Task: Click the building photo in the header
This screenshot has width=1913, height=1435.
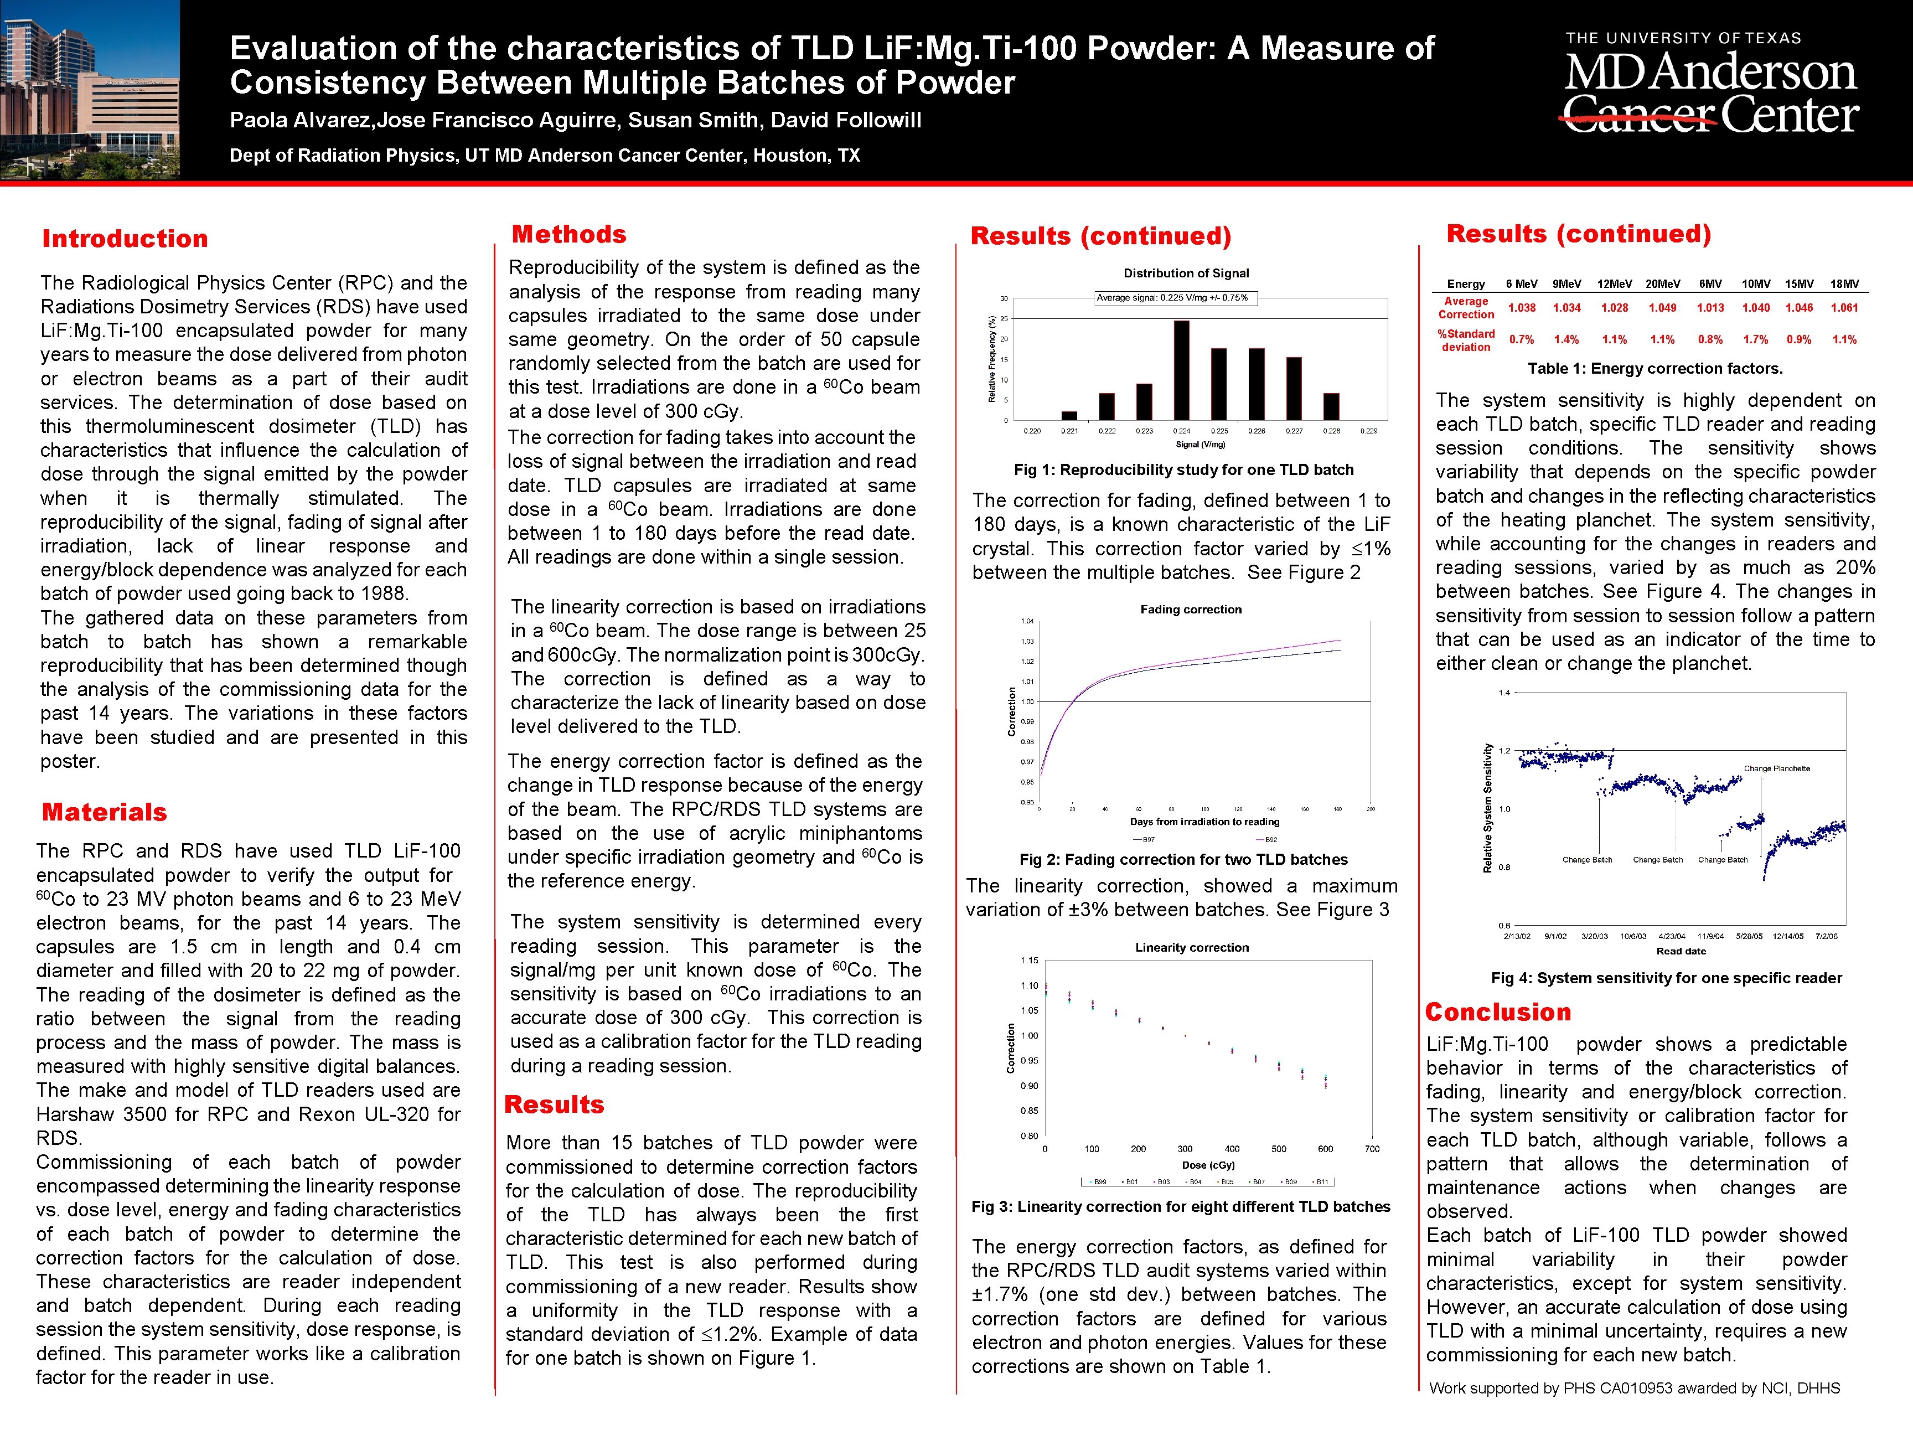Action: click(x=90, y=90)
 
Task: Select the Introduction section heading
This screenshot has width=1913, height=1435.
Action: click(x=126, y=239)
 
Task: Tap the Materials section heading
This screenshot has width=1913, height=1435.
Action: click(x=105, y=812)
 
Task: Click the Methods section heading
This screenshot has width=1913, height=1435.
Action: click(x=569, y=234)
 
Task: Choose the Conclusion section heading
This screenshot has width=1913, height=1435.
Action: click(x=1498, y=1012)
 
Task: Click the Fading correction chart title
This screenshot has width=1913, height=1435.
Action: click(x=1191, y=610)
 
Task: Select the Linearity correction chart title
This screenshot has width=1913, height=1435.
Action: click(x=1192, y=948)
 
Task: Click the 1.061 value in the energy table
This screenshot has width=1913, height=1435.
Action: click(x=1844, y=308)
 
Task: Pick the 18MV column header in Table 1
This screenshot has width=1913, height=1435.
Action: click(x=1844, y=283)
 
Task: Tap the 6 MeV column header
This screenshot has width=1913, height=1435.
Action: click(x=1521, y=283)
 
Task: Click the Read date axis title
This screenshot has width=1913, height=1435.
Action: click(x=1681, y=952)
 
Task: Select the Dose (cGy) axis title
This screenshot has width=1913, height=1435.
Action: click(x=1208, y=1165)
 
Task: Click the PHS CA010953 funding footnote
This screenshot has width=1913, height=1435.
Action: click(x=1635, y=1388)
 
